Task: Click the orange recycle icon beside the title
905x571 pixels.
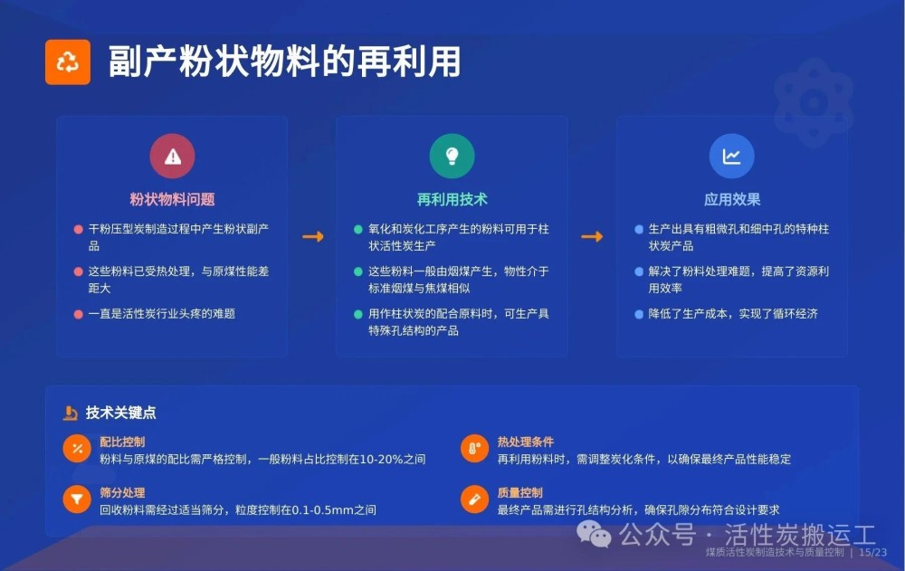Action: (68, 62)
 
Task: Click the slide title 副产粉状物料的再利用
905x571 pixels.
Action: (284, 62)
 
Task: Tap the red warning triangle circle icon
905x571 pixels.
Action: (172, 156)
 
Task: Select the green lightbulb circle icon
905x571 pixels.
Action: (452, 156)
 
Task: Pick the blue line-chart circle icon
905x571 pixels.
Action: (731, 156)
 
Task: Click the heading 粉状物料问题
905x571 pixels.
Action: (172, 200)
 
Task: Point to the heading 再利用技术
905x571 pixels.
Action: (452, 200)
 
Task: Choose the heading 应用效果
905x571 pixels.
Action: (732, 200)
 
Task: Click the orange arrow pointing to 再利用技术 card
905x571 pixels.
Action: (313, 237)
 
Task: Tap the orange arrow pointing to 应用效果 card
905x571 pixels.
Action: (592, 237)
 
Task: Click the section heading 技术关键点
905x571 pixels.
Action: (120, 413)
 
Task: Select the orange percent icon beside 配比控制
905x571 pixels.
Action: (77, 449)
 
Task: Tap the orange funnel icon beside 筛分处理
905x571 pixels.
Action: (77, 500)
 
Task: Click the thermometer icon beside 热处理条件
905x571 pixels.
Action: (475, 449)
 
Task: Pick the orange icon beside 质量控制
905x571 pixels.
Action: (475, 500)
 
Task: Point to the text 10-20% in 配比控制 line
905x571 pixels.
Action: (381, 460)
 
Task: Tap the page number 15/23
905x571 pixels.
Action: (872, 553)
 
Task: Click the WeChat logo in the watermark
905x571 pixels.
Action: (594, 534)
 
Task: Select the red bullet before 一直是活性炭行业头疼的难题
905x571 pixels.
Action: (79, 315)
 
